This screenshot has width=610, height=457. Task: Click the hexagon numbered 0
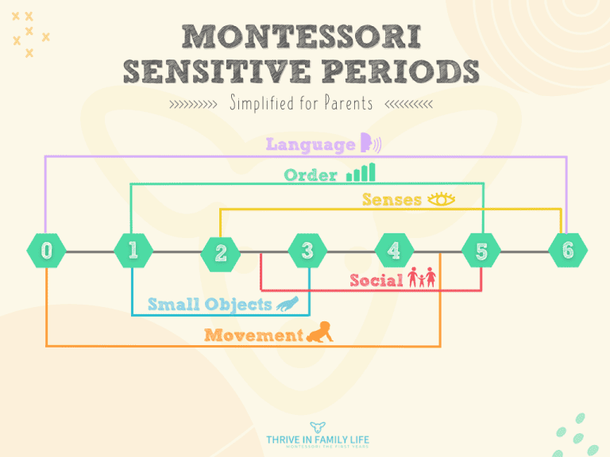46,251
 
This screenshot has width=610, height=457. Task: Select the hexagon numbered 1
133,251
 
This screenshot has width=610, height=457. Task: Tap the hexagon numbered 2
220,253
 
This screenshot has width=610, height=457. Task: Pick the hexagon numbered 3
307,251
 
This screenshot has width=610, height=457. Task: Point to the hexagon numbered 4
394,251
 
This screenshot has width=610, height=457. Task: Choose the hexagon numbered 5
481,252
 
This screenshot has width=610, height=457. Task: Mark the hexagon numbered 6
567,251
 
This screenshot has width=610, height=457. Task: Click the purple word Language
310,144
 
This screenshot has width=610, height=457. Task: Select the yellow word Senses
392,200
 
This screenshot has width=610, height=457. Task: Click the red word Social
376,280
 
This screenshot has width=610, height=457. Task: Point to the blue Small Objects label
210,304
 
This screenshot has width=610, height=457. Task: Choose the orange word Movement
253,336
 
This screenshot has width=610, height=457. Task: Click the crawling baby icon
320,332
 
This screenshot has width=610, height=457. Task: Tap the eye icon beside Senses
442,199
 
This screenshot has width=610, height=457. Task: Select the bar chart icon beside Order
361,173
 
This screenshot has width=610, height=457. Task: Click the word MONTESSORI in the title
301,36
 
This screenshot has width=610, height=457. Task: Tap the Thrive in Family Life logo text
318,440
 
